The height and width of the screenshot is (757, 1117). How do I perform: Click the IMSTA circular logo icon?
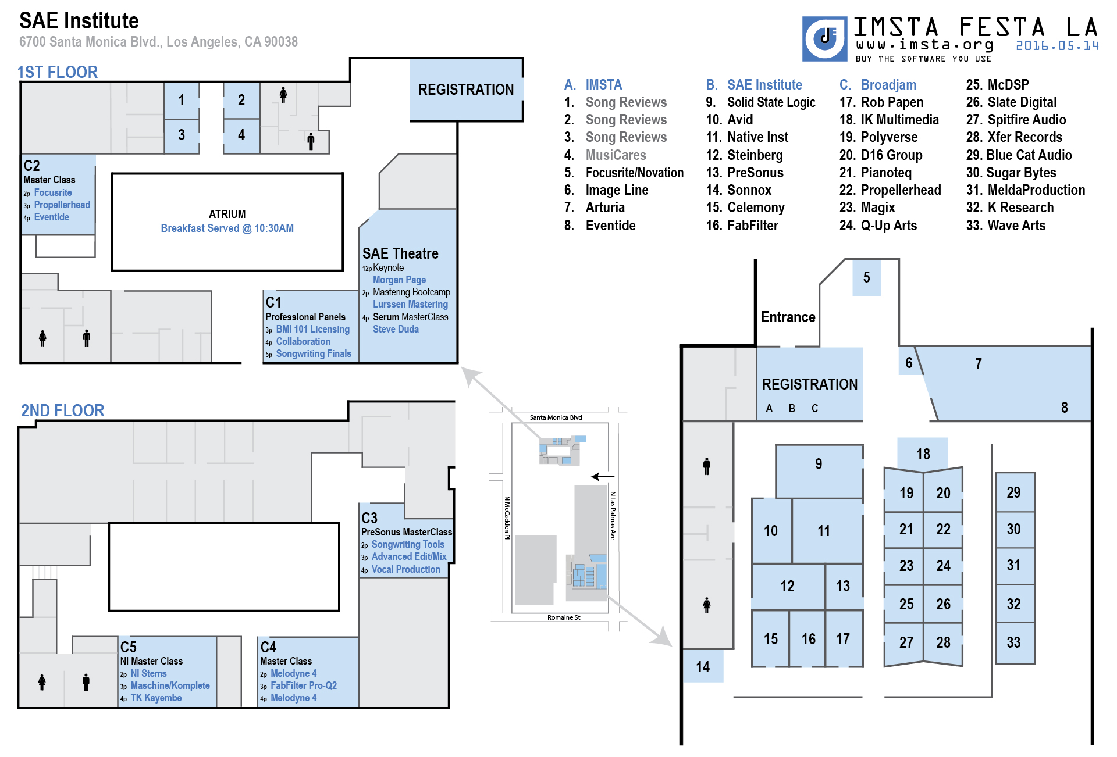pos(824,39)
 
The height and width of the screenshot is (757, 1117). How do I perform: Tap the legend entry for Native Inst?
pos(747,137)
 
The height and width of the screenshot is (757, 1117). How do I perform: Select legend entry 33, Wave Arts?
pos(1006,226)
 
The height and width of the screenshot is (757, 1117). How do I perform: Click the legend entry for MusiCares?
pos(605,155)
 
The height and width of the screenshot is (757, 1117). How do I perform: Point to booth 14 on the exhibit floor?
pos(703,666)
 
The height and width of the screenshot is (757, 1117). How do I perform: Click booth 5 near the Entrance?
pos(866,277)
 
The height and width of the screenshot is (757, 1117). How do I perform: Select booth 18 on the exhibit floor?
pos(923,454)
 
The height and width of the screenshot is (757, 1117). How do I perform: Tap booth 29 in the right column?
pos(1015,492)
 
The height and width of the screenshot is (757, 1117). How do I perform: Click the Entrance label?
pos(788,317)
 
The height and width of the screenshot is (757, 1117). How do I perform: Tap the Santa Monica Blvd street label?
pos(556,417)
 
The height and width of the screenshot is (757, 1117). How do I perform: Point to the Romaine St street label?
pos(564,617)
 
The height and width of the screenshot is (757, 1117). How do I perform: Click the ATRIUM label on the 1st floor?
pos(227,214)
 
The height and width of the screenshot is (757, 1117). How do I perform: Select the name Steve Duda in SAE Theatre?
pos(396,329)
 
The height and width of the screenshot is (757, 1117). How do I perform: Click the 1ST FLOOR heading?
pos(57,72)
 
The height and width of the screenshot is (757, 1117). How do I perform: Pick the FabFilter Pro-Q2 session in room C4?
pos(303,685)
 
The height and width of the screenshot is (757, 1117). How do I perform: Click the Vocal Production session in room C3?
pos(405,569)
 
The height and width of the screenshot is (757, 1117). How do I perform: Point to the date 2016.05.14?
pos(1057,45)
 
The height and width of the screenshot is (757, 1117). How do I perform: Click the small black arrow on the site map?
pos(603,477)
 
